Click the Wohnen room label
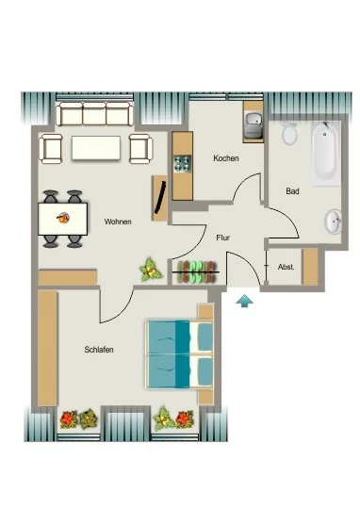(x=118, y=222)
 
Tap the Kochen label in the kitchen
(x=226, y=158)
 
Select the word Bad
(x=292, y=191)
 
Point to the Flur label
(x=223, y=238)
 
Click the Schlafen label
(x=99, y=350)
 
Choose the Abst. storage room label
(x=286, y=267)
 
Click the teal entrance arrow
(x=244, y=301)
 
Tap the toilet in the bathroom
(x=289, y=133)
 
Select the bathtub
(x=325, y=153)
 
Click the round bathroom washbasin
(x=334, y=222)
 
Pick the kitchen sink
(x=254, y=125)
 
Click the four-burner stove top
(x=183, y=164)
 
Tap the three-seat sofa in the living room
(x=95, y=114)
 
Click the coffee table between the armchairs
(x=96, y=148)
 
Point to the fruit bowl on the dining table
(x=63, y=218)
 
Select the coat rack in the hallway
(x=196, y=272)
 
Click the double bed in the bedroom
(x=180, y=354)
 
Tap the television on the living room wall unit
(x=161, y=197)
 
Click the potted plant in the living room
(x=151, y=271)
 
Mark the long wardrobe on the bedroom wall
(x=47, y=348)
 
